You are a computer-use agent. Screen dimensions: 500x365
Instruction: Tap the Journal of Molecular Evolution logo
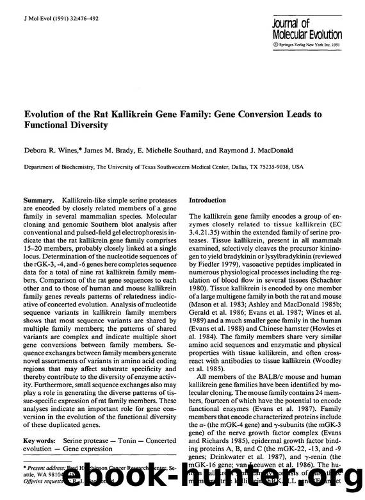[x=306, y=29]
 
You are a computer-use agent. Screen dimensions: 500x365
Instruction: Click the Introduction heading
[x=207, y=200]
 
